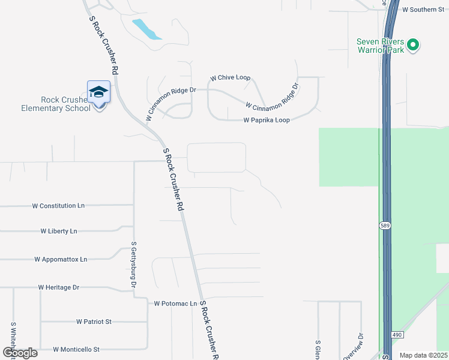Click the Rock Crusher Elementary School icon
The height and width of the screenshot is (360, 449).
98,92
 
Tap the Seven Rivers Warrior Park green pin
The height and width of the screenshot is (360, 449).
412,44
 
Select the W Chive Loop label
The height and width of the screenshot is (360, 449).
230,79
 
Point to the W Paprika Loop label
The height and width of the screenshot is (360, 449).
267,120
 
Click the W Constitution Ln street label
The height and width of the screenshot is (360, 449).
58,206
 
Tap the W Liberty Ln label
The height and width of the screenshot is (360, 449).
59,231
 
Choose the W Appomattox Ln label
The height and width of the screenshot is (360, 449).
61,260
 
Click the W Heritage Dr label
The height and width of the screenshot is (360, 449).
59,288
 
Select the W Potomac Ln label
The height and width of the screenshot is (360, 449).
175,304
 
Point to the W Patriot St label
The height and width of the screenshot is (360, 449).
94,322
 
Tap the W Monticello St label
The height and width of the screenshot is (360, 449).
76,349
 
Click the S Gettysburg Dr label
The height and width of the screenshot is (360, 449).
134,265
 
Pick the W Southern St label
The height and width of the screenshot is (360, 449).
423,10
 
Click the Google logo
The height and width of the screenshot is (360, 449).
19,353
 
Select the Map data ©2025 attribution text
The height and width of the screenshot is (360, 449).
423,355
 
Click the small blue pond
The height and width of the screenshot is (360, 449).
146,29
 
